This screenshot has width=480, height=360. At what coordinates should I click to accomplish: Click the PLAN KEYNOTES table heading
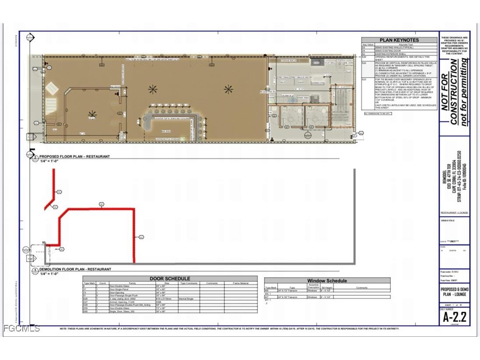pos(399,40)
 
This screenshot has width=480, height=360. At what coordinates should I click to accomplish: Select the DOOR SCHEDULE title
pos(170,279)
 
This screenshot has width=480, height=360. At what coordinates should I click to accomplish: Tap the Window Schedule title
pos(327,281)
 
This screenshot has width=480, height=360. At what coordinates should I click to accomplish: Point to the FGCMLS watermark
pos(21,328)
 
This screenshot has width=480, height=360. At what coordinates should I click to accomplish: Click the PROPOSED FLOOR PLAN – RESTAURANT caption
pos(74,156)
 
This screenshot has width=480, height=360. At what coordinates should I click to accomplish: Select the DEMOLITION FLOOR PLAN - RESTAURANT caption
pos(75,269)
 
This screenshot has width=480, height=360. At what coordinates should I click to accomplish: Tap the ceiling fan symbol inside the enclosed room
pos(92,115)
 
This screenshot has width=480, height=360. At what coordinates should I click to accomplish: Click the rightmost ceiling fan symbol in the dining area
pos(229,89)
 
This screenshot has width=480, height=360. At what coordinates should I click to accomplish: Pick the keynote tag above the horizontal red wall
pos(101,204)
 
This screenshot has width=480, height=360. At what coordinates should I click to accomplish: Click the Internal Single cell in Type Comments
pos(187,298)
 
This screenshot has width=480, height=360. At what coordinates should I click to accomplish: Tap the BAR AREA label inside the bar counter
pos(166,131)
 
